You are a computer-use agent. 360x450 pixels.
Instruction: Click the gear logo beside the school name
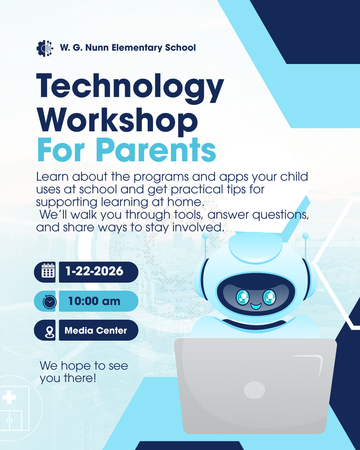pyautogui.click(x=44, y=48)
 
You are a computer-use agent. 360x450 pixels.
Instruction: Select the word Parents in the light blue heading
pyautogui.click(x=156, y=149)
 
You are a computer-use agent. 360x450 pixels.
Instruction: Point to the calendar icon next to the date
pyautogui.click(x=48, y=272)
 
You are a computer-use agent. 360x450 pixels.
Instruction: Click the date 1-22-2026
pyautogui.click(x=95, y=272)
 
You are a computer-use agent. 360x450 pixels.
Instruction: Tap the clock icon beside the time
pyautogui.click(x=49, y=301)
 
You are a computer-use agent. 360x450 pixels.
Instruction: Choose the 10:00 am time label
pyautogui.click(x=94, y=301)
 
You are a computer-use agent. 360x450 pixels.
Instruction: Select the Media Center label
pyautogui.click(x=96, y=331)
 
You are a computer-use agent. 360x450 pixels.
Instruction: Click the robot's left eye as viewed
pyautogui.click(x=242, y=298)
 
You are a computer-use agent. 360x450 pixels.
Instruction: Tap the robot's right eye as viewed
pyautogui.click(x=269, y=298)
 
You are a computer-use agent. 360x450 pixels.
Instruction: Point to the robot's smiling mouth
pyautogui.click(x=256, y=306)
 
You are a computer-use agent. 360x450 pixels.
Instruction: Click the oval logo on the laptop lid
pyautogui.click(x=255, y=390)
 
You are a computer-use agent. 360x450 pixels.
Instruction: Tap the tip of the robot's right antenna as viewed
pyautogui.click(x=305, y=236)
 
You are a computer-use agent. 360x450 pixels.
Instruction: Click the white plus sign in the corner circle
pyautogui.click(x=9, y=398)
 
